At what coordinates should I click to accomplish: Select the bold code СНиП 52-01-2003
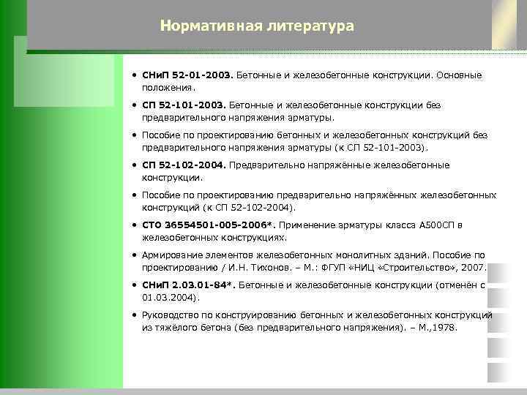187,75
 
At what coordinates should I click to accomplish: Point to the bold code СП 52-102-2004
184,165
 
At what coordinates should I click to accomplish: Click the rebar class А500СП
437,225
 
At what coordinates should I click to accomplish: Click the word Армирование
173,255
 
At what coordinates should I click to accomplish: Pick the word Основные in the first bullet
460,75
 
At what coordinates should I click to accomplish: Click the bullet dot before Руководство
135,315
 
